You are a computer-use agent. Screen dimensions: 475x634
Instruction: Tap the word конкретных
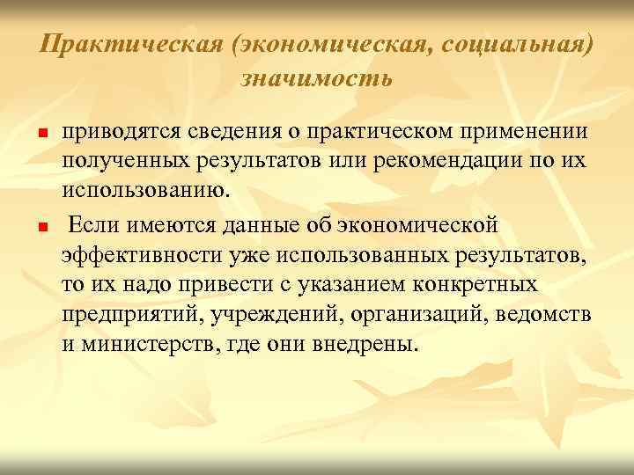click(483, 285)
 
